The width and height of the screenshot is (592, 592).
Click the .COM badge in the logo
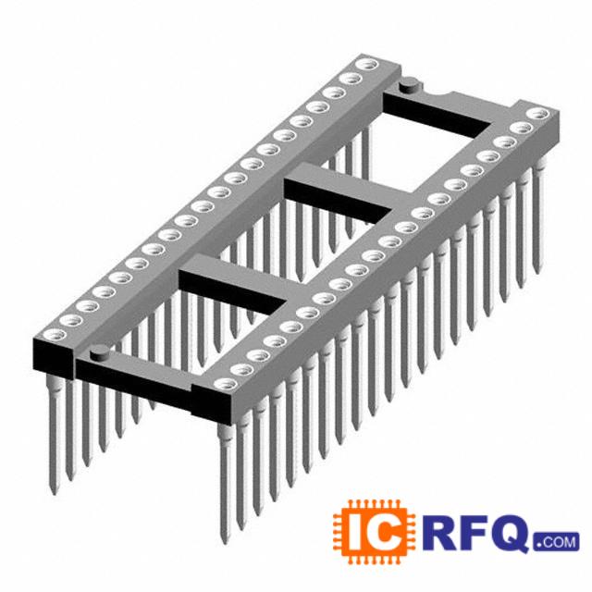click(x=557, y=542)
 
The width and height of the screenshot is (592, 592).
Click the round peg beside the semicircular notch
click(x=409, y=84)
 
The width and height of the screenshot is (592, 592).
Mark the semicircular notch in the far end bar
click(x=437, y=93)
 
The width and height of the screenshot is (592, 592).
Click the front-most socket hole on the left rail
click(x=55, y=334)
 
